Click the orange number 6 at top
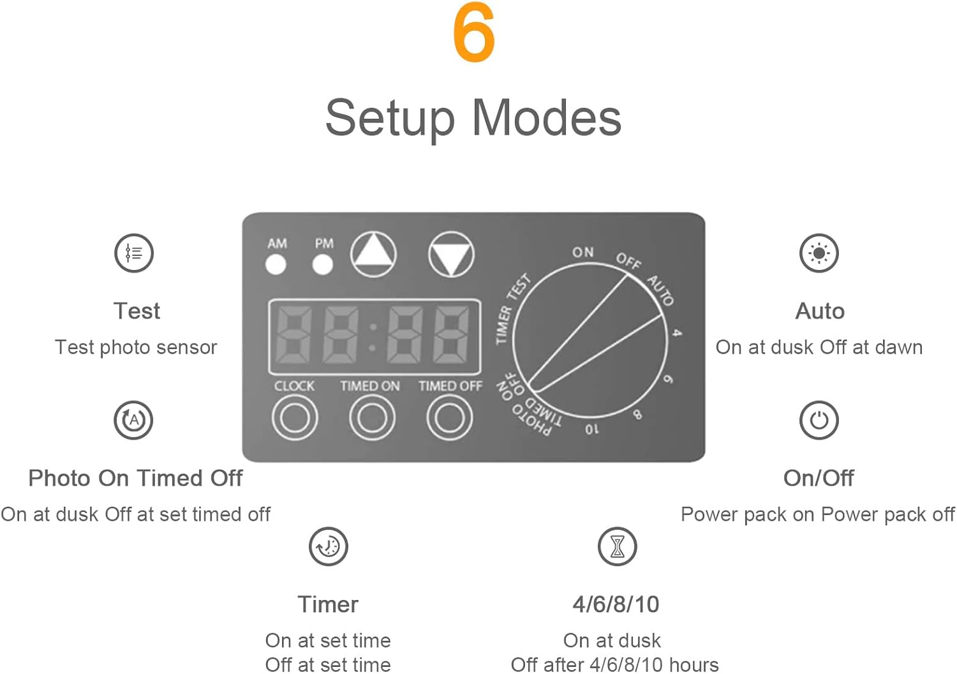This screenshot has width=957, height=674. (x=474, y=33)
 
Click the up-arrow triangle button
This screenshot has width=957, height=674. (x=374, y=253)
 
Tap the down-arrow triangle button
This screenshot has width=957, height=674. (x=451, y=254)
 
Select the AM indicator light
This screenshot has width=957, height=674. (x=276, y=264)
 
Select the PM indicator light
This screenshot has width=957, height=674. (x=322, y=264)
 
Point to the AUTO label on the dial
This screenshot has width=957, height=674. (x=661, y=290)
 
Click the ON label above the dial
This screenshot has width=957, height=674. (x=582, y=252)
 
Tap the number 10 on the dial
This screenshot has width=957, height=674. (x=592, y=429)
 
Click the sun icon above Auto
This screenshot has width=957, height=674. (x=819, y=253)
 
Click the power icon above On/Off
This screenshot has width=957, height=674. (x=819, y=420)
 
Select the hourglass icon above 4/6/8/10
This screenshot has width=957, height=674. (x=617, y=546)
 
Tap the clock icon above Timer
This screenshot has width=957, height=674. (x=328, y=546)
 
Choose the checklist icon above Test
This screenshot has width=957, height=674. (x=134, y=253)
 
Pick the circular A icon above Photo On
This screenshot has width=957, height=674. (x=133, y=420)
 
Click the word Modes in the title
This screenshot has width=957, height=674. (x=546, y=118)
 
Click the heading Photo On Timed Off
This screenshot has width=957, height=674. (x=135, y=478)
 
